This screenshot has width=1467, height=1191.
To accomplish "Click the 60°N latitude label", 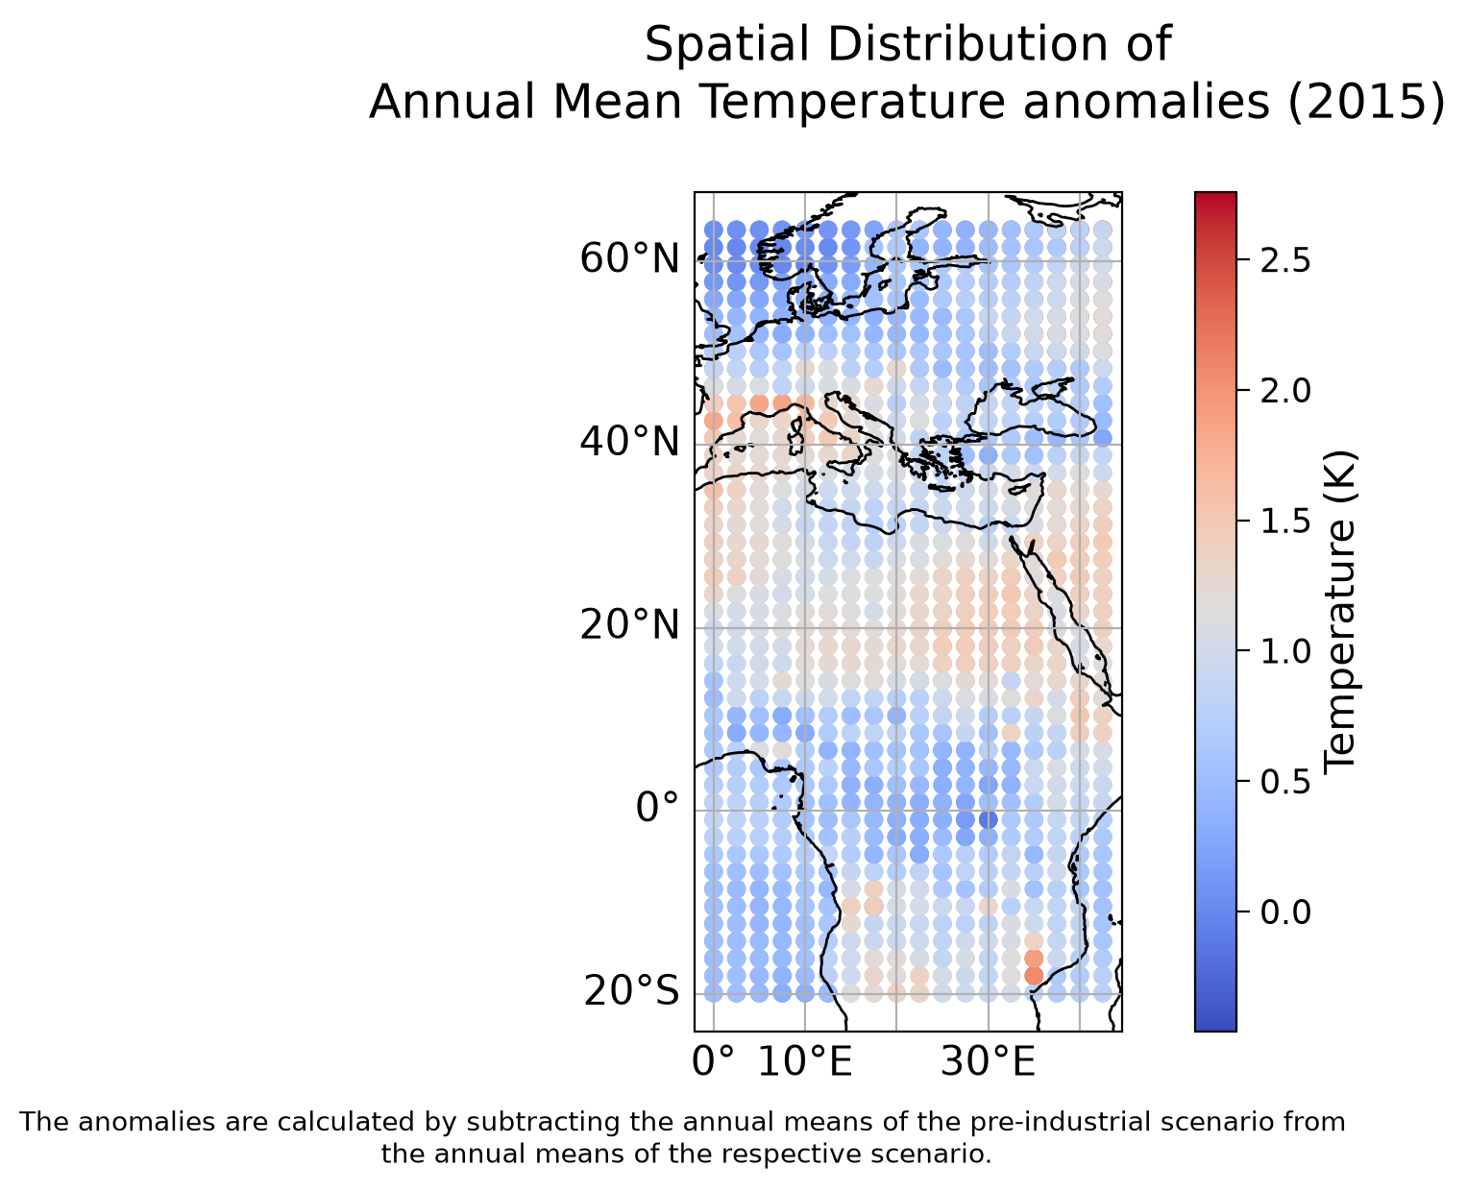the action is (x=629, y=259).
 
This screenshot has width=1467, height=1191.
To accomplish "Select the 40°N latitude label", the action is (x=629, y=442).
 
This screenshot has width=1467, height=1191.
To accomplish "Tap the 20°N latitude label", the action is (x=629, y=626).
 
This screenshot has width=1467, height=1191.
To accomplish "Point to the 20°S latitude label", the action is (x=631, y=992).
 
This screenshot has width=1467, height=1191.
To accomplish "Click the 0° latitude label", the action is (x=657, y=808).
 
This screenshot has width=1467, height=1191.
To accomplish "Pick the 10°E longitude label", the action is (x=804, y=1061).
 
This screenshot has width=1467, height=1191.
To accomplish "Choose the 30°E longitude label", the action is (x=988, y=1061).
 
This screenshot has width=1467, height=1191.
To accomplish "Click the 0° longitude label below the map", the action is (x=713, y=1061).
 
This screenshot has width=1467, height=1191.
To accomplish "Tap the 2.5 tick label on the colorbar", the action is (x=1285, y=261).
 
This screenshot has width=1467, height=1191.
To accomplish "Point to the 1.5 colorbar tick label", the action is (x=1285, y=522).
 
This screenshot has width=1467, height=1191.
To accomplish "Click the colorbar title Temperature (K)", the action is (x=1340, y=612).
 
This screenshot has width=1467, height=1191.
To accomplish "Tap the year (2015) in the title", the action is (x=1366, y=102).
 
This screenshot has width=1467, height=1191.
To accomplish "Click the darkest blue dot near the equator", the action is (x=989, y=820).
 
